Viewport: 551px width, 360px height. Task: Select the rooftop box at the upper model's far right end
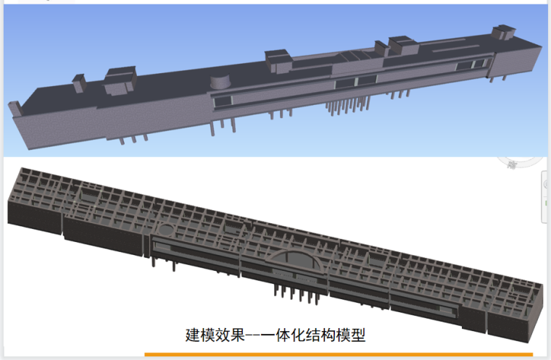[502, 33]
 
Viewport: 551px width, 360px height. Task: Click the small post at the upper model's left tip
[12, 108]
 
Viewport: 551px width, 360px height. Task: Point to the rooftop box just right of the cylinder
[278, 61]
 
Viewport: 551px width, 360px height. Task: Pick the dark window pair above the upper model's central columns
[355, 80]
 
